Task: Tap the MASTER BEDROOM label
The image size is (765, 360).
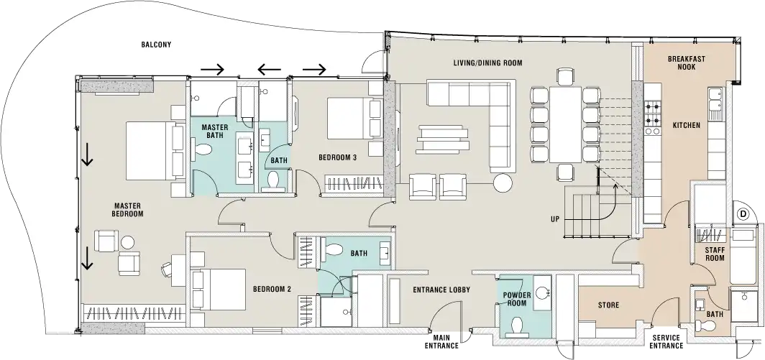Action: click(129, 209)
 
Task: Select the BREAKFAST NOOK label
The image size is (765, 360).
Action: click(685, 63)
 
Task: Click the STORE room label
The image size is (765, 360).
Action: click(608, 305)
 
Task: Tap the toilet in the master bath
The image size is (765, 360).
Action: click(204, 149)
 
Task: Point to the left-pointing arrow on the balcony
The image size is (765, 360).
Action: click(270, 69)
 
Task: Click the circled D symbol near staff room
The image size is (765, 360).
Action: click(743, 214)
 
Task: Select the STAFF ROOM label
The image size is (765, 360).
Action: click(714, 253)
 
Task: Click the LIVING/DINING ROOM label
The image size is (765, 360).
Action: click(487, 63)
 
